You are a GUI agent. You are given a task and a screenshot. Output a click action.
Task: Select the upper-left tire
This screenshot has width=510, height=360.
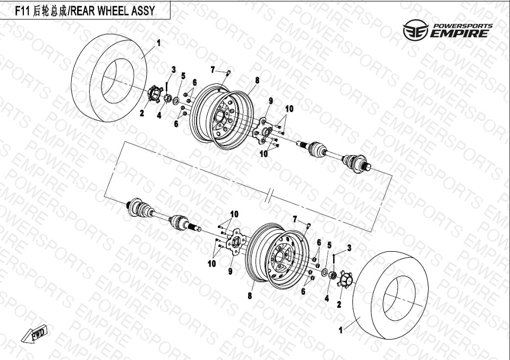pos(109,78)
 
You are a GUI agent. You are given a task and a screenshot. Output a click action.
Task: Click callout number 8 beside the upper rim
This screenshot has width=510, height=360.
pos(257,80)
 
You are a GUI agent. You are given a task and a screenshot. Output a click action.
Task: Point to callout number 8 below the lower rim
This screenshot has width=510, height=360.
pos(250,296)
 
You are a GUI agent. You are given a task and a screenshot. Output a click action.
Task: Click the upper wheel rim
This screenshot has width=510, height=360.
pos(222,116)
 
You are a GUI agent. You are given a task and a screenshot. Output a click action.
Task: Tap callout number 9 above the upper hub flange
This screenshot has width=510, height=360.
pos(270,101)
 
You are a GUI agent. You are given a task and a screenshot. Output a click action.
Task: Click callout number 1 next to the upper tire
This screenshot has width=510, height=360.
pos(159,43)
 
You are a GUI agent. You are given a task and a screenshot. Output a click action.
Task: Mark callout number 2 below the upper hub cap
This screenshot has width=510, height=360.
pos(142,113)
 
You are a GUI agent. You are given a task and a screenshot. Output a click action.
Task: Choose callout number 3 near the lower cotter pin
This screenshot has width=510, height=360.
pos(350,248)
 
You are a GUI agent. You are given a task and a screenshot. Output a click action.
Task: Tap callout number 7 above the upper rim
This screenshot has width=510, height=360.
pos(212,70)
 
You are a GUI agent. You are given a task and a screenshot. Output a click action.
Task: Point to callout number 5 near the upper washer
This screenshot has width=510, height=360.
pos(183,76)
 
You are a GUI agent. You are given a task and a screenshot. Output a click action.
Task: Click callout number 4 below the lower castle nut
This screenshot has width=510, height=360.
pos(327,298)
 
